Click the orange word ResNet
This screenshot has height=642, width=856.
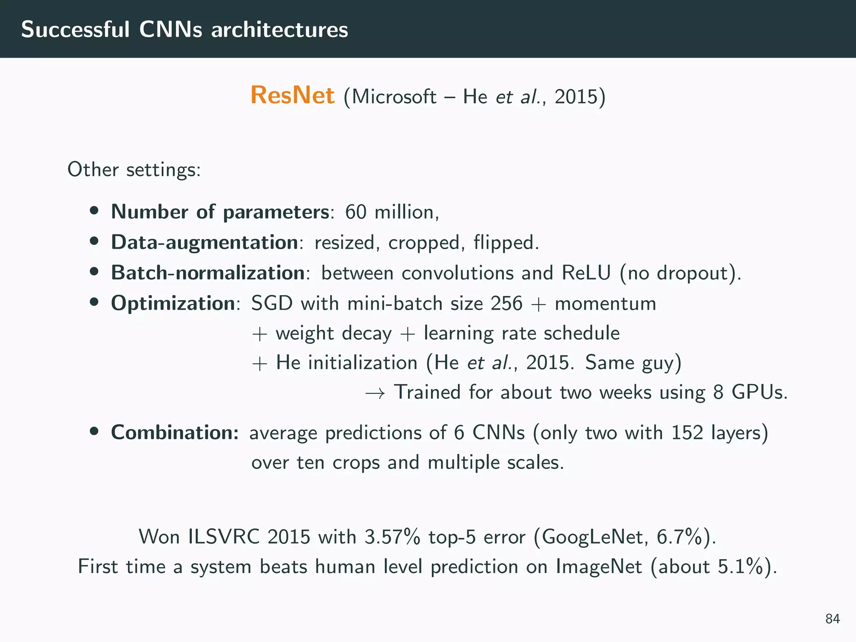[292, 95]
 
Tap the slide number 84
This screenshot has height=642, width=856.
[833, 619]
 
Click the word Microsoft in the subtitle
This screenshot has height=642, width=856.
[394, 97]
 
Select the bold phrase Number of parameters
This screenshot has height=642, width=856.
[220, 212]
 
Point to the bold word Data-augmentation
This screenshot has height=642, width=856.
[204, 242]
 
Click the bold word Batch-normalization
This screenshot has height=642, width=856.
[208, 273]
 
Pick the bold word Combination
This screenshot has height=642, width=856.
[174, 433]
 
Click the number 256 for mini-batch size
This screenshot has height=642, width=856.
[507, 303]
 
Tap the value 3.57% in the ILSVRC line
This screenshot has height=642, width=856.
[392, 537]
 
